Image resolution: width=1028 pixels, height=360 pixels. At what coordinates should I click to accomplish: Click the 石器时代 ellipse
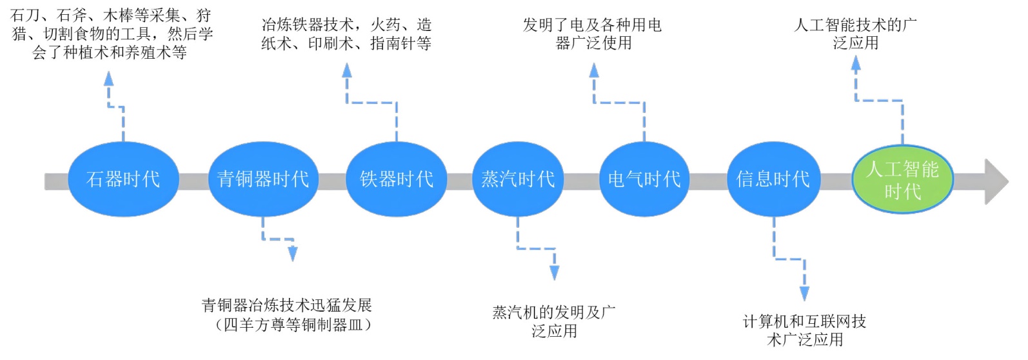click(x=123, y=179)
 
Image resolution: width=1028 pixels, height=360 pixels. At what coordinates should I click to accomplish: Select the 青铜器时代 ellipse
click(x=262, y=179)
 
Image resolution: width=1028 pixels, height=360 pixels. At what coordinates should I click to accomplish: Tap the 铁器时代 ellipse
click(x=396, y=179)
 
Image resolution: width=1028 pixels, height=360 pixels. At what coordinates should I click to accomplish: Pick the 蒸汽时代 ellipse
click(x=517, y=179)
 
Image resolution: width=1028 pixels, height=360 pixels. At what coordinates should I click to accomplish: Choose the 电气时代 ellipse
click(x=644, y=179)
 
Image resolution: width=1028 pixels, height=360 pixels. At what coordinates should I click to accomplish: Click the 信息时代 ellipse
click(x=773, y=179)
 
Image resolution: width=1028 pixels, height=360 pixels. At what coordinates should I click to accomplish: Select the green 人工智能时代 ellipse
click(x=902, y=179)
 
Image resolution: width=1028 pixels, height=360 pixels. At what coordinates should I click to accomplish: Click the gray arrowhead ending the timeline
click(x=996, y=181)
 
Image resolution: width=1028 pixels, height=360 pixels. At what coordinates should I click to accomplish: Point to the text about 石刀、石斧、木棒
click(x=111, y=34)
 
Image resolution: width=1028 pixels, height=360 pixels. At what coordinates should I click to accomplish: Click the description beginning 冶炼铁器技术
click(x=346, y=34)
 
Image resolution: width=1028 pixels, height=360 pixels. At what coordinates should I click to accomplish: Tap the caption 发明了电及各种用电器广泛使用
click(x=592, y=34)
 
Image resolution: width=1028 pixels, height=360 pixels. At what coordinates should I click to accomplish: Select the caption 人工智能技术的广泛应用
click(x=855, y=34)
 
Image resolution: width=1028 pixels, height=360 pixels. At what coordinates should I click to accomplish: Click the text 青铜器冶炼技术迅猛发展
click(x=286, y=305)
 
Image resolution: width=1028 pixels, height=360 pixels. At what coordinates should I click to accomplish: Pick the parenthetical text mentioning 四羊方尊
click(x=294, y=325)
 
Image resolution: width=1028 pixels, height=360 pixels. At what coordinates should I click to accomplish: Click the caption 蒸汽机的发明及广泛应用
click(x=554, y=321)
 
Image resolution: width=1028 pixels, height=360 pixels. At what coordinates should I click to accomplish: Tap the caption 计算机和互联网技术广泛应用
click(x=804, y=330)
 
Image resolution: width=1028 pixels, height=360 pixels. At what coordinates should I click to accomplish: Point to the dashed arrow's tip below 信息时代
click(x=804, y=294)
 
